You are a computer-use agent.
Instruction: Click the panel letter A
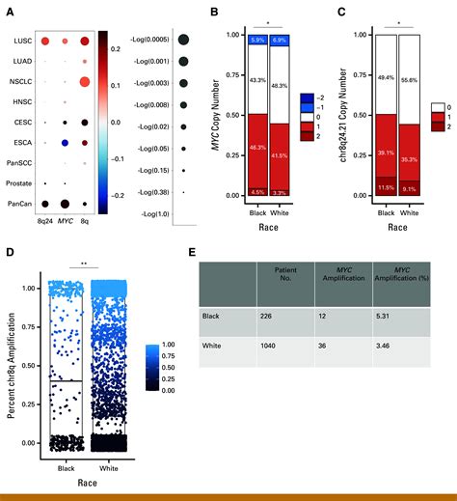tap(10, 12)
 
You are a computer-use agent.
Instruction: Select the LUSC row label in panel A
tap(23, 42)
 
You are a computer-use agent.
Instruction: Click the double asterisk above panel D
tap(85, 261)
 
